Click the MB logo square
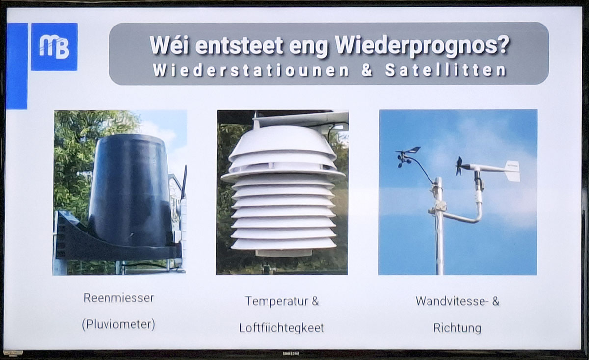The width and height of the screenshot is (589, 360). pyautogui.click(x=54, y=47)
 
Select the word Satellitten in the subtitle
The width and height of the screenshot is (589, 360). pyautogui.click(x=446, y=70)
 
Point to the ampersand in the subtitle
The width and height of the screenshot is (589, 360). pyautogui.click(x=367, y=70)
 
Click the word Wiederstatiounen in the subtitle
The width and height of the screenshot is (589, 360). pyautogui.click(x=251, y=70)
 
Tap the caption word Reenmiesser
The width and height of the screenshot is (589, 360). pyautogui.click(x=119, y=298)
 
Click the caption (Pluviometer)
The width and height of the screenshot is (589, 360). pyautogui.click(x=119, y=324)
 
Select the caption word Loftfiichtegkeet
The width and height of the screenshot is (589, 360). pyautogui.click(x=282, y=328)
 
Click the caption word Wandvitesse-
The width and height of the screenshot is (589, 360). pyautogui.click(x=452, y=301)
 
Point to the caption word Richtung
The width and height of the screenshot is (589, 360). pyautogui.click(x=457, y=328)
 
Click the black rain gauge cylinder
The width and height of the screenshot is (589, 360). pyautogui.click(x=130, y=189)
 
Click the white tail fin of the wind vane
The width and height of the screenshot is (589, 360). pyautogui.click(x=512, y=171)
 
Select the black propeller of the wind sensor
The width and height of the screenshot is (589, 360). pyautogui.click(x=459, y=166)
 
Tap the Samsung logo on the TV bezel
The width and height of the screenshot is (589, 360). pyautogui.click(x=291, y=354)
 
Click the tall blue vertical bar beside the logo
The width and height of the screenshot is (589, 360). pyautogui.click(x=17, y=66)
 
